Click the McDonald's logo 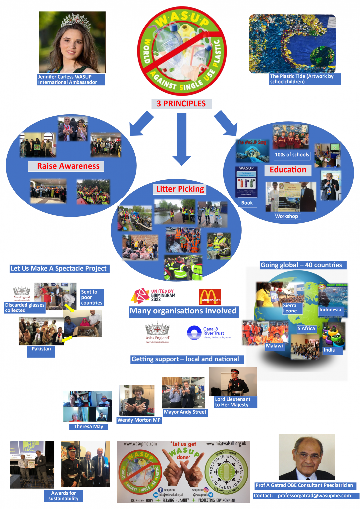tap(210, 296)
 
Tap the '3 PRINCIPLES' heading tap(181, 104)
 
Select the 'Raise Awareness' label tap(68, 166)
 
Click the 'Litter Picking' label tap(180, 189)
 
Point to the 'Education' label tap(288, 170)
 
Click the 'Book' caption tap(247, 203)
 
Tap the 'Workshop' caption tap(286, 216)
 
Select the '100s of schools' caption tap(292, 155)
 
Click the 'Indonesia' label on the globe tap(330, 310)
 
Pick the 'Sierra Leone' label tap(290, 308)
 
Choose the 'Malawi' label tap(275, 346)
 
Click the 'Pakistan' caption tap(41, 349)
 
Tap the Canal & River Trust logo tap(209, 333)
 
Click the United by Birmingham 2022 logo tap(153, 295)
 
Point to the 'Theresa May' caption tap(88, 427)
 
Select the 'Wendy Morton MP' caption tap(139, 420)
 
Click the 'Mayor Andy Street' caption tap(185, 412)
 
